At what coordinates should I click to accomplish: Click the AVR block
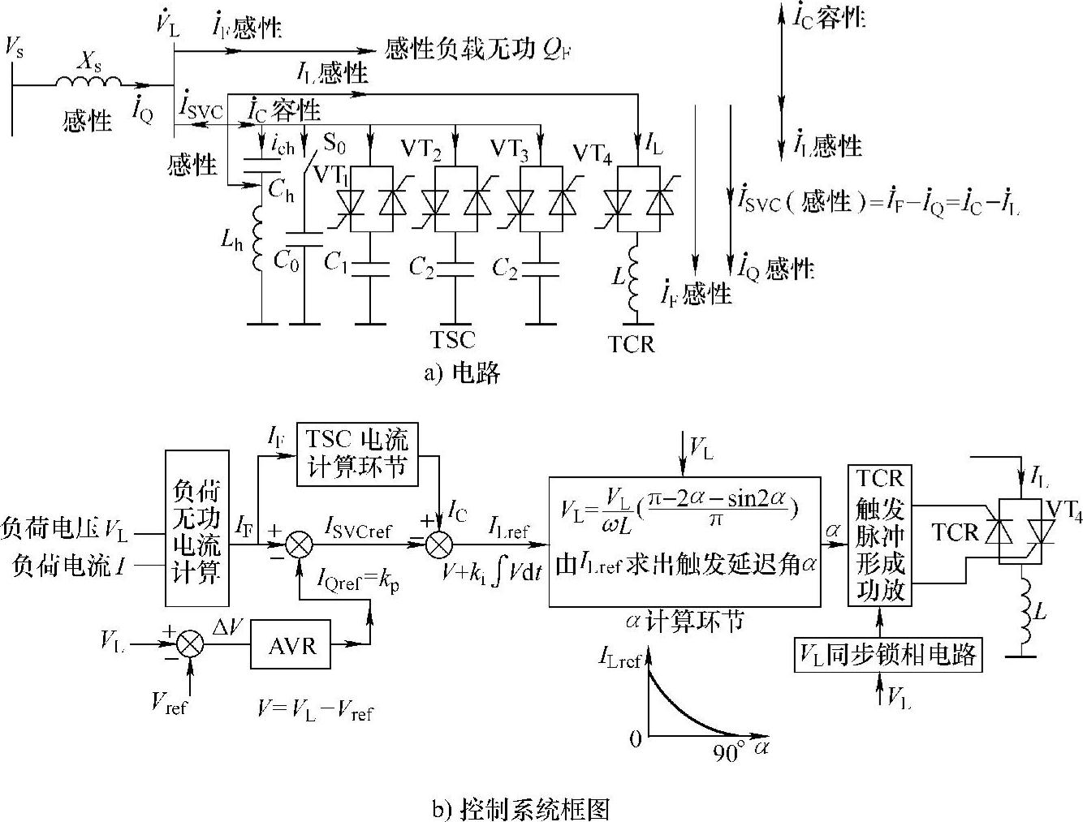click(290, 644)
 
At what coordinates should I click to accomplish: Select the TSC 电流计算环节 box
click(357, 454)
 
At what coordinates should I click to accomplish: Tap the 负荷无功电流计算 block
click(196, 528)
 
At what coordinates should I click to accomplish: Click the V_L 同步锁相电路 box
click(887, 655)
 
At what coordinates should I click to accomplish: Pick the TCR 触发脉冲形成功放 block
click(880, 536)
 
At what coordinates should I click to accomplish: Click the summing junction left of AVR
click(191, 644)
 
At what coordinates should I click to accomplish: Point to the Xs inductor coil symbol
click(88, 82)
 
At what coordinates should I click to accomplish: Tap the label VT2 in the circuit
click(421, 148)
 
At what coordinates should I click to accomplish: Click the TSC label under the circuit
click(452, 339)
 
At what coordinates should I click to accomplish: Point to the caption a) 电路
click(462, 372)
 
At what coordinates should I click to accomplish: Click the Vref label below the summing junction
click(169, 702)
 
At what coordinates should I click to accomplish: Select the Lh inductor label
click(231, 240)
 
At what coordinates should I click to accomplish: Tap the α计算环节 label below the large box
click(685, 622)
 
